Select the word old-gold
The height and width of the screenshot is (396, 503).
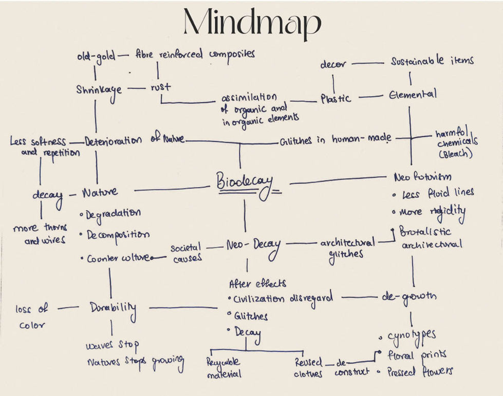pyautogui.click(x=96, y=55)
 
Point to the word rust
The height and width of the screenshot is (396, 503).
pyautogui.click(x=160, y=87)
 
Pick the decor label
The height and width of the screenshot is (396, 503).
pyautogui.click(x=333, y=65)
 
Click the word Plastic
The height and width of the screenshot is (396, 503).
pyautogui.click(x=336, y=98)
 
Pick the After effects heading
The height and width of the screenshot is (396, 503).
pyautogui.click(x=257, y=283)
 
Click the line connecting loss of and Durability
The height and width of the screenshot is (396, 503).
pyautogui.click(x=68, y=308)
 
